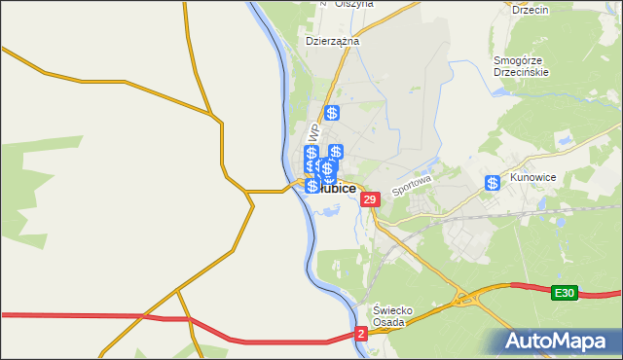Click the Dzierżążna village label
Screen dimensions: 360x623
click(x=333, y=42)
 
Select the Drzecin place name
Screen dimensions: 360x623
click(x=530, y=10)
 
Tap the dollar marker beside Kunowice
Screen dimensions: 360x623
click(x=493, y=183)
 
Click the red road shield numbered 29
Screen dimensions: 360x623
click(x=369, y=199)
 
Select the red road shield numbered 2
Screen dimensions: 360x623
click(x=361, y=334)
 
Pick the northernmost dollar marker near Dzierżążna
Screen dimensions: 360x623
click(x=331, y=113)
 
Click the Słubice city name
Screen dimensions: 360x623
click(x=336, y=189)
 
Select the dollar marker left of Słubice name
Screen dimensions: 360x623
click(x=311, y=185)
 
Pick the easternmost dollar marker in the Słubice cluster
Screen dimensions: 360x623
click(x=336, y=152)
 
